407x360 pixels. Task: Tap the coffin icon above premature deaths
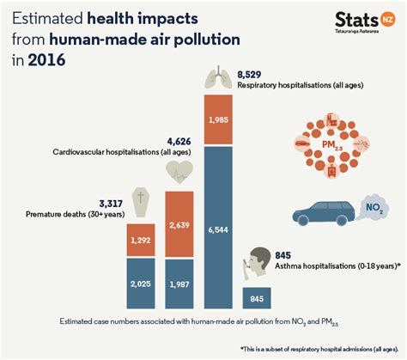(140, 202)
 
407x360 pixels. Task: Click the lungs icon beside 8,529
(216, 78)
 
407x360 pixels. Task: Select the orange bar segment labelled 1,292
(141, 241)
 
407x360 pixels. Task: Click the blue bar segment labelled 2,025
(141, 283)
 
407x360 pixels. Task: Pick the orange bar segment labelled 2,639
(179, 226)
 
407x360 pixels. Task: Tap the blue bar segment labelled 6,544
(218, 229)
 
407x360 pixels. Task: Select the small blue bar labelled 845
(256, 298)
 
